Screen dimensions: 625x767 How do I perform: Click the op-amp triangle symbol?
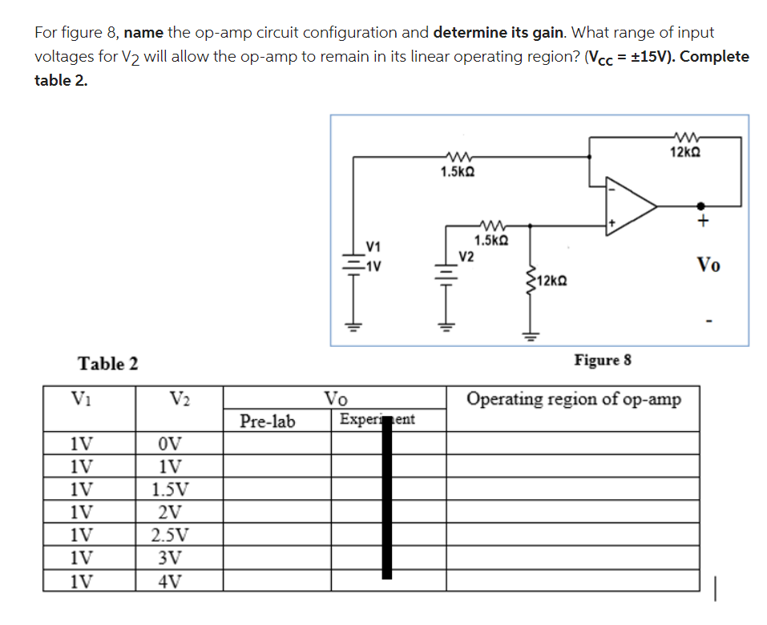[x=630, y=206]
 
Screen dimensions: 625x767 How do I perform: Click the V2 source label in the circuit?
[x=466, y=256]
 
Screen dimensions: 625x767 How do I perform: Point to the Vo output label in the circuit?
[x=707, y=264]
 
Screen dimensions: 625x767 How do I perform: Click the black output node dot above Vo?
[x=700, y=206]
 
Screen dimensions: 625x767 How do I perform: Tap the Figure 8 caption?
[x=603, y=360]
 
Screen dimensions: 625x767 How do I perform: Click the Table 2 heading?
[x=108, y=364]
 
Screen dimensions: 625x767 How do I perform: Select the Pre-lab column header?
[x=268, y=420]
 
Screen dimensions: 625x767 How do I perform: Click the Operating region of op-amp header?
[x=574, y=399]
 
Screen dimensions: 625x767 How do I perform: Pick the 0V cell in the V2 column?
[x=174, y=444]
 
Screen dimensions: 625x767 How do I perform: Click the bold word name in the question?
[x=144, y=33]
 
